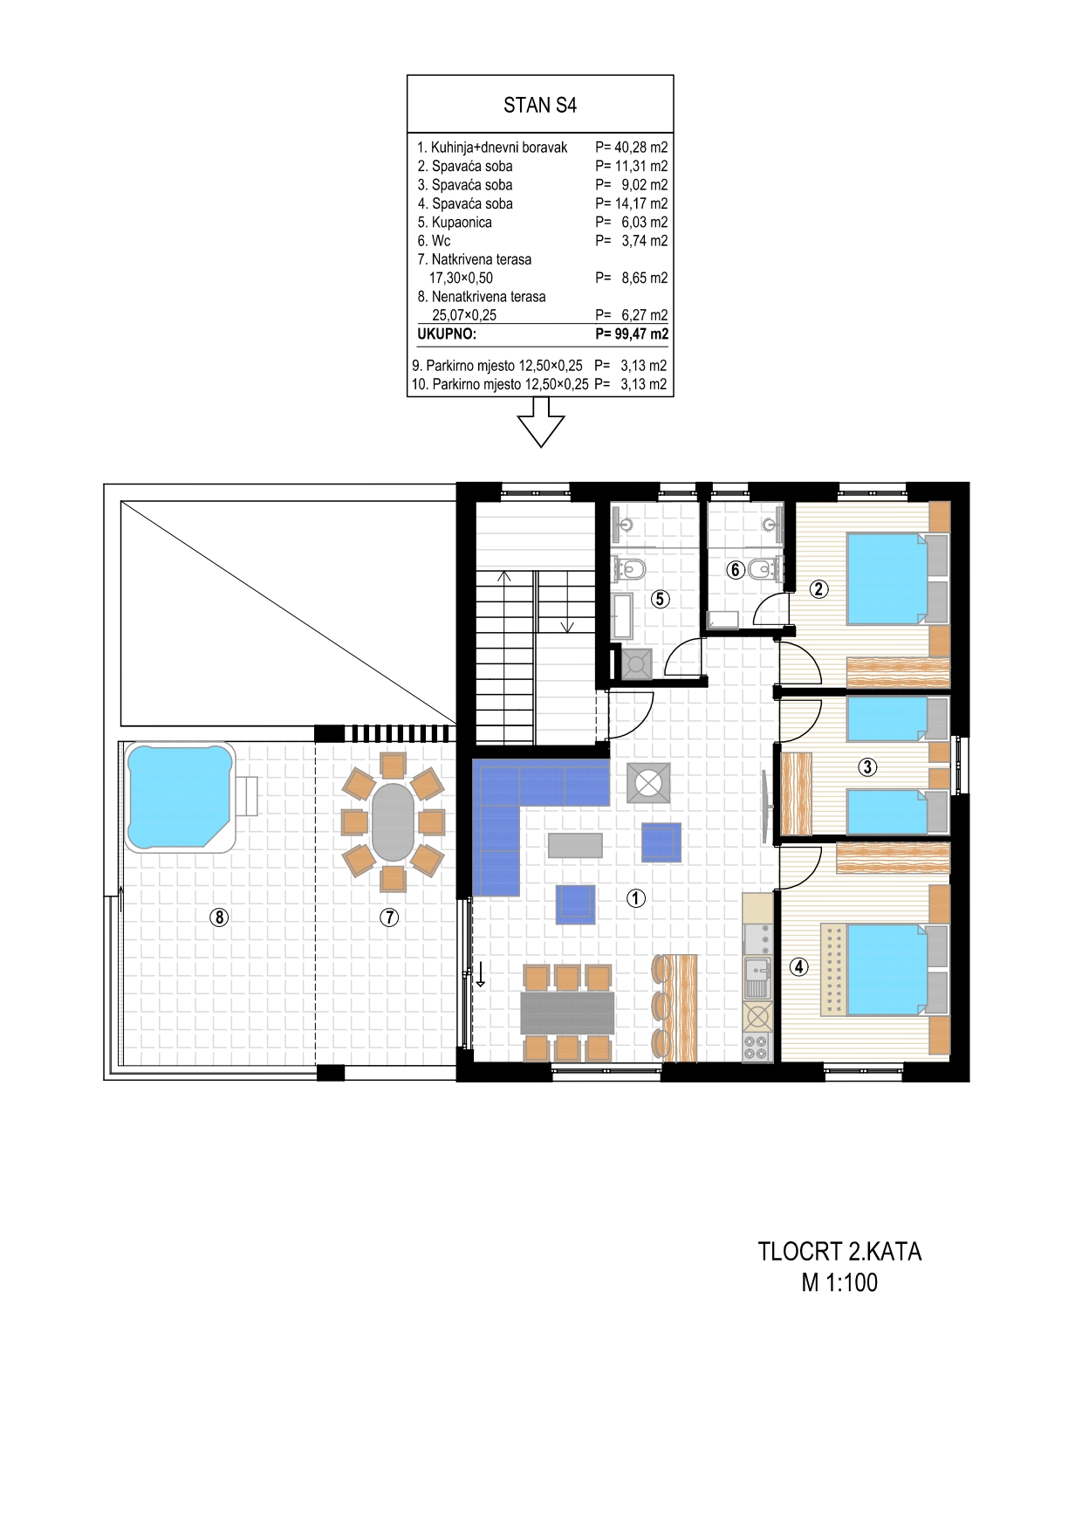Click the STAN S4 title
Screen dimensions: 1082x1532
click(x=540, y=106)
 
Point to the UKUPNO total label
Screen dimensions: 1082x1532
click(x=448, y=333)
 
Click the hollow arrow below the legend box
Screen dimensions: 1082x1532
click(x=541, y=423)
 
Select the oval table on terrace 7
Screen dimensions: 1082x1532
click(x=394, y=822)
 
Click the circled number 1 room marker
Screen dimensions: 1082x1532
click(x=637, y=897)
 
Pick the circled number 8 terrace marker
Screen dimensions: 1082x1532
click(x=219, y=917)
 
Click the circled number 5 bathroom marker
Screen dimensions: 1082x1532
click(x=660, y=599)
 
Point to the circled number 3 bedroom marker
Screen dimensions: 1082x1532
click(x=867, y=767)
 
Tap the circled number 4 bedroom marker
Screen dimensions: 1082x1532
click(x=798, y=966)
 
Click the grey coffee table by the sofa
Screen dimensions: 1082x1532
click(x=575, y=844)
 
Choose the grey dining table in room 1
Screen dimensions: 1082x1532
click(x=568, y=1012)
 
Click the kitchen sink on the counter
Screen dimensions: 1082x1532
click(x=756, y=977)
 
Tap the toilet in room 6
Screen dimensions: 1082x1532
click(x=760, y=570)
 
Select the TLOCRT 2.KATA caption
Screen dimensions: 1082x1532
click(x=839, y=1252)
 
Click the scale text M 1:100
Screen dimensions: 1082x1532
click(x=840, y=1282)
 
